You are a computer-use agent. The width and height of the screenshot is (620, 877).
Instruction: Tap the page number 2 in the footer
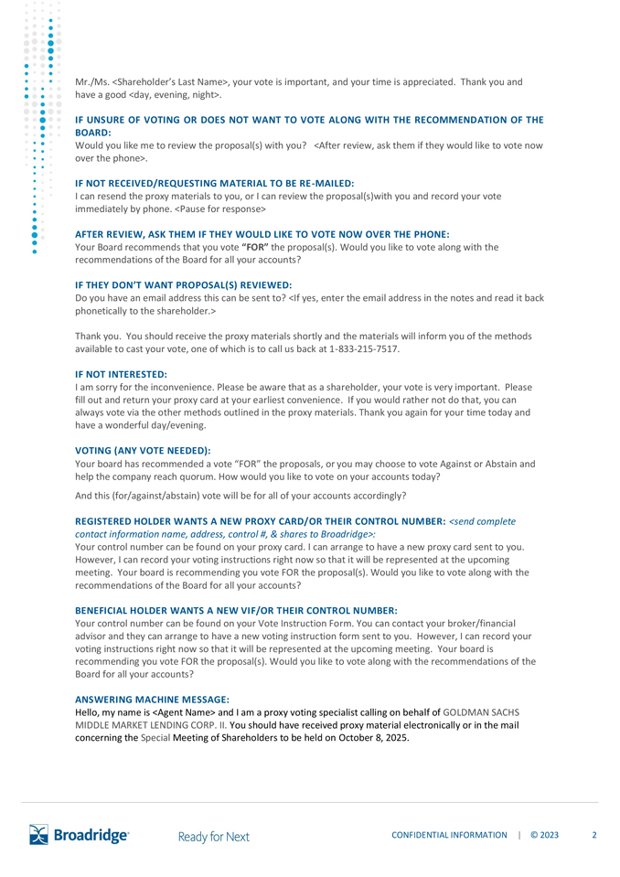click(x=594, y=835)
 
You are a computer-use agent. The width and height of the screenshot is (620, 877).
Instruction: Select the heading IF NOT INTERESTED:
click(x=121, y=375)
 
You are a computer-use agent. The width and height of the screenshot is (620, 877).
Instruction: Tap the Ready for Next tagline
click(x=214, y=836)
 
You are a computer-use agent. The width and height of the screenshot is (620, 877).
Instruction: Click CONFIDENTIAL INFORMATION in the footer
click(x=449, y=835)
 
